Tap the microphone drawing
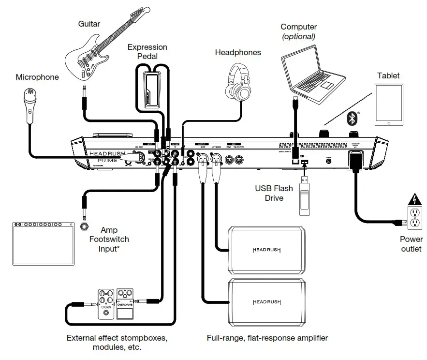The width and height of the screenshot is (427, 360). (30, 102)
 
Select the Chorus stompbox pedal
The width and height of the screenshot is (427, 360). (105, 304)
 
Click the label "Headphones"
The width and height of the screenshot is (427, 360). (238, 52)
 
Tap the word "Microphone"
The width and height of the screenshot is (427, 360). (37, 77)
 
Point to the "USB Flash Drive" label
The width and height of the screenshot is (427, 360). (274, 193)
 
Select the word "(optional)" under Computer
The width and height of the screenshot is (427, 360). (298, 36)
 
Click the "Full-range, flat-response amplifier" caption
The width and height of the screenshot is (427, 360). (267, 338)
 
